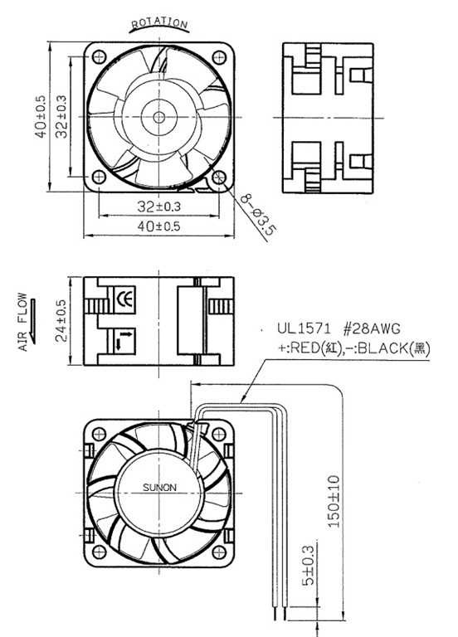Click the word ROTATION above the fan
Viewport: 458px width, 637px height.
pyautogui.click(x=159, y=23)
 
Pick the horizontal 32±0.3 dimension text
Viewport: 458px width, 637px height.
pyautogui.click(x=159, y=206)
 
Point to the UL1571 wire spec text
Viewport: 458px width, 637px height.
pyautogui.click(x=300, y=329)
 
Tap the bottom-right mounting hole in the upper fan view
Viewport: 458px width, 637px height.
pyautogui.click(x=220, y=177)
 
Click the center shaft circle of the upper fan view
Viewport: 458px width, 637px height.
pyautogui.click(x=158, y=116)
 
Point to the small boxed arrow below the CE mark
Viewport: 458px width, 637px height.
pyautogui.click(x=123, y=338)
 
